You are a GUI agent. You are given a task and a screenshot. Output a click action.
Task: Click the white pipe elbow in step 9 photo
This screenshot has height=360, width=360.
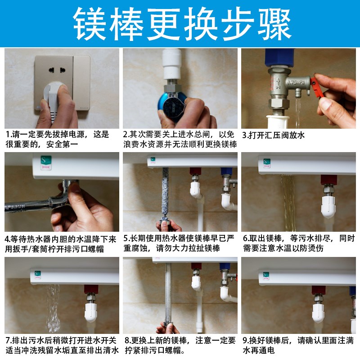point(319,310)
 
